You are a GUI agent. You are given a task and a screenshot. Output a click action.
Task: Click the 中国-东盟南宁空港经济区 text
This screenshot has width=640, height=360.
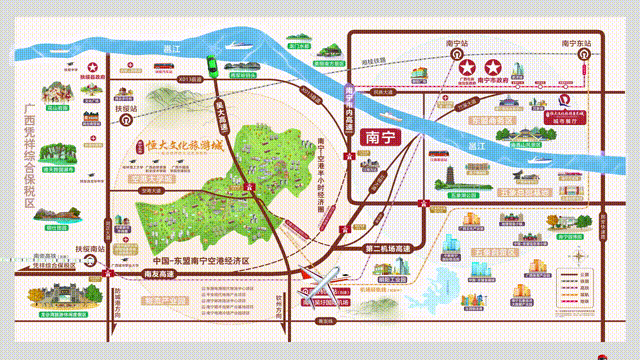197,259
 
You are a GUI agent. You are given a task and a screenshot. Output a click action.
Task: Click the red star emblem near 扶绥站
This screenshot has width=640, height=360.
93,67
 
